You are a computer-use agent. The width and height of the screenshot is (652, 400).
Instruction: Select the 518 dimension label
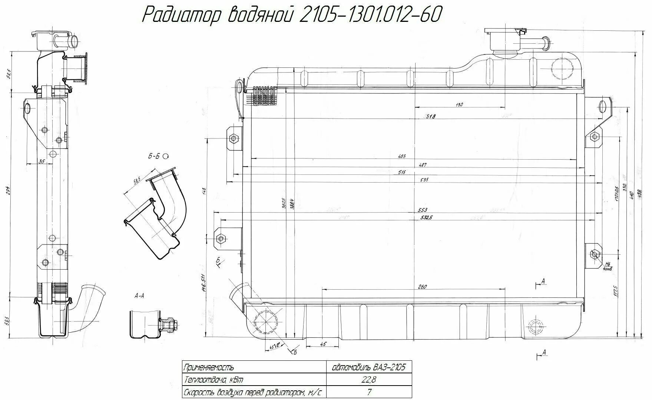[430, 116]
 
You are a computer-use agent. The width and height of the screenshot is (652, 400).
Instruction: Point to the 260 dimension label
[422, 287]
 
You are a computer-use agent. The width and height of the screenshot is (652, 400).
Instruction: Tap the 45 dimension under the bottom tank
[323, 344]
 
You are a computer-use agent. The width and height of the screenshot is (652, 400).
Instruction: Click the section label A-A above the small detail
[139, 296]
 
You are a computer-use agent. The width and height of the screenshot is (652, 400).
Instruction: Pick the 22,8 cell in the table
[369, 379]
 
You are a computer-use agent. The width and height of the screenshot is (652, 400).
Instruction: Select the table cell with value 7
[369, 392]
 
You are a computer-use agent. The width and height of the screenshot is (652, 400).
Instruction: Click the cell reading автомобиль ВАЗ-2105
[369, 367]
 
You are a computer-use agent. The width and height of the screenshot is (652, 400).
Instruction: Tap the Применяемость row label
[209, 367]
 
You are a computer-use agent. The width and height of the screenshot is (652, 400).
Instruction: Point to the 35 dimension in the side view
[42, 161]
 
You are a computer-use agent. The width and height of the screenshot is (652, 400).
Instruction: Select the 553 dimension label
[422, 210]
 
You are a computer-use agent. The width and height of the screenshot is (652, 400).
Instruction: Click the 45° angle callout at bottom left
[274, 347]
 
